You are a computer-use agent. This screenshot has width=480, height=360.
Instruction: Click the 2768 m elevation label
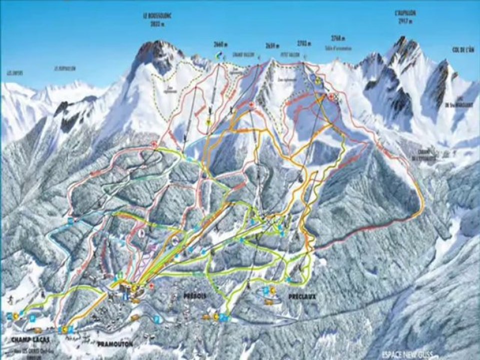[x=338, y=38]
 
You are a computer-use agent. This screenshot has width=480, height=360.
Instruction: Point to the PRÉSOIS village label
[x=194, y=296]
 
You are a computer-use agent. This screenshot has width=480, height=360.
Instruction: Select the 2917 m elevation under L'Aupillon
[x=405, y=22]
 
